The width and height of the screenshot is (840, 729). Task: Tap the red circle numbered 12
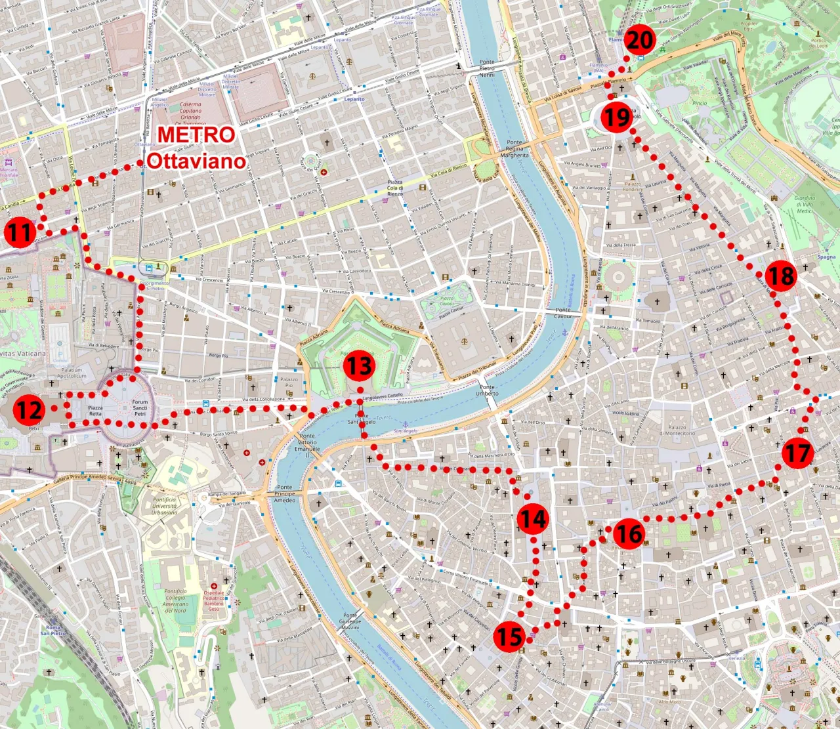[29, 411]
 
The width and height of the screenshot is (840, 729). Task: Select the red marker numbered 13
[360, 366]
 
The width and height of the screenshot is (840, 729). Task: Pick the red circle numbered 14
[532, 519]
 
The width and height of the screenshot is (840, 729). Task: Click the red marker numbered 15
[509, 636]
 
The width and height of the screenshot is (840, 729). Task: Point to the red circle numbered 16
[629, 533]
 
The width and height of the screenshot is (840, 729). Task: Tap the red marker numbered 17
[797, 453]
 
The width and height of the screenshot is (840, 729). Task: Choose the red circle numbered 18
[781, 276]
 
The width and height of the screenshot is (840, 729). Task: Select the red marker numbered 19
[616, 118]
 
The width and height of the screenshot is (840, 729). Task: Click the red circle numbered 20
[640, 41]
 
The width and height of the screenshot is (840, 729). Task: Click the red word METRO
[196, 135]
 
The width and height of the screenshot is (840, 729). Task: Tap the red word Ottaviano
[196, 161]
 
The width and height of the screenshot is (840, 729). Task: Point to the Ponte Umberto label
[487, 390]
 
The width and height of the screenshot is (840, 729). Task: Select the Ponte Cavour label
[563, 313]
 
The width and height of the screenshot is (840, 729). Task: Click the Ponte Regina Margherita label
[514, 148]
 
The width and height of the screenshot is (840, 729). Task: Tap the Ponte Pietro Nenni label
[487, 68]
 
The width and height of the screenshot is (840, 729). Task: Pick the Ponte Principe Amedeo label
[285, 493]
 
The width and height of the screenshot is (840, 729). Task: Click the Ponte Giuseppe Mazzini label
[350, 621]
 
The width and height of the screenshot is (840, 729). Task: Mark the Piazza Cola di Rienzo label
[395, 188]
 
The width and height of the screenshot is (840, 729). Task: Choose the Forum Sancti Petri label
[140, 407]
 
